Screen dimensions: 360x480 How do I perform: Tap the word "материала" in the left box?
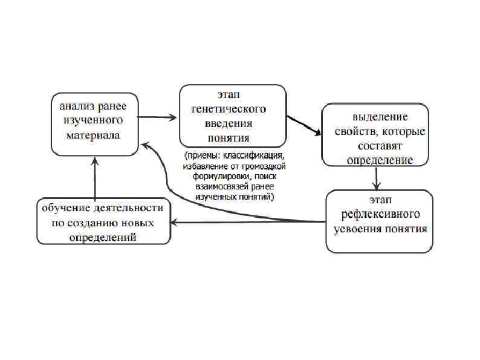point(93,135)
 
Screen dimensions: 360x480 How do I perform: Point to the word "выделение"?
point(380,117)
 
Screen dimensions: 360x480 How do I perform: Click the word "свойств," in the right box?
point(355,131)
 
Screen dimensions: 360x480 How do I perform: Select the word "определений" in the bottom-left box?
point(102,237)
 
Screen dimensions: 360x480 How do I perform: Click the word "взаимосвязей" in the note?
point(221,188)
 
